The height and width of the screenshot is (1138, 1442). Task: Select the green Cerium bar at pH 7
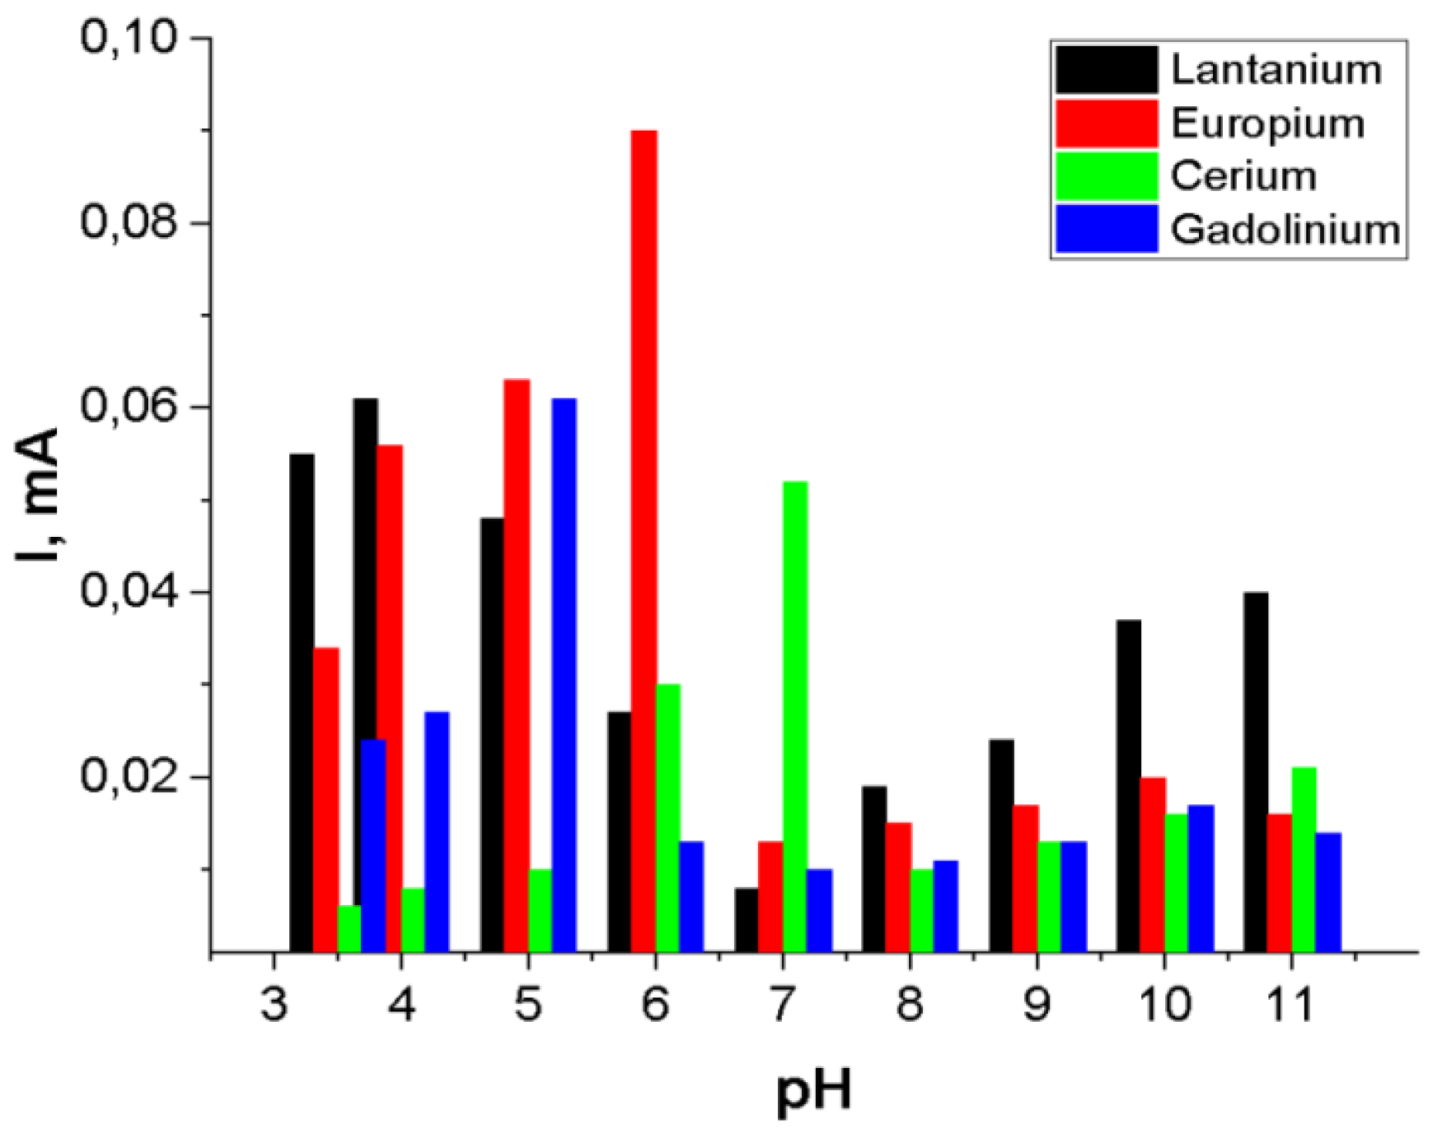tap(795, 716)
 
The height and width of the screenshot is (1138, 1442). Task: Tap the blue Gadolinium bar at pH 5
tap(564, 675)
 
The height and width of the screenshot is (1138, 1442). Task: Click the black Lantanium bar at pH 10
tap(1129, 786)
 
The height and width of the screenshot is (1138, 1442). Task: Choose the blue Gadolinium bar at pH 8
tap(945, 906)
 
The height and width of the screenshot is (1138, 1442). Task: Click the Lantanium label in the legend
tap(1276, 69)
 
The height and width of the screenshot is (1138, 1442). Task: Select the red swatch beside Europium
tap(1106, 123)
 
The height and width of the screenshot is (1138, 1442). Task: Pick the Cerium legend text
tap(1243, 176)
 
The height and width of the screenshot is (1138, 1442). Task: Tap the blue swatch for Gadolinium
tap(1106, 228)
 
